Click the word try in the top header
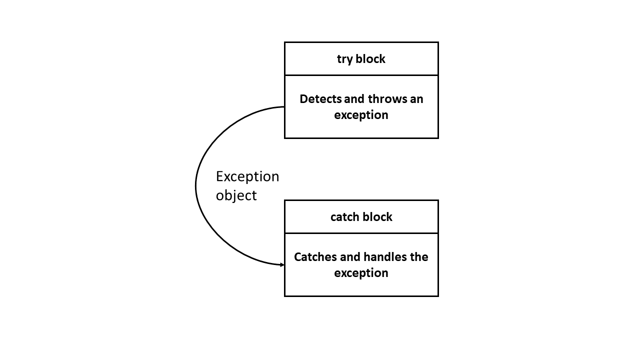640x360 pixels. pos(344,59)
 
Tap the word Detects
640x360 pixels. pos(320,99)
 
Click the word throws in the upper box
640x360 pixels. pos(387,99)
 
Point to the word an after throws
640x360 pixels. pos(416,99)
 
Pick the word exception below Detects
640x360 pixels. pos(361,115)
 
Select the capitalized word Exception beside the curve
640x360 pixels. pos(247,177)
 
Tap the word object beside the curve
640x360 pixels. pos(236,195)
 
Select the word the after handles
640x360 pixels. pos(419,257)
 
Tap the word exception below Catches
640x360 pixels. pos(361,273)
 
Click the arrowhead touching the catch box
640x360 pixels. pos(281,264)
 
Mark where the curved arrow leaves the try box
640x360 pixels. pos(283,107)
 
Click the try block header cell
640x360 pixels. pos(361,59)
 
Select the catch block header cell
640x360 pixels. pos(361,217)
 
